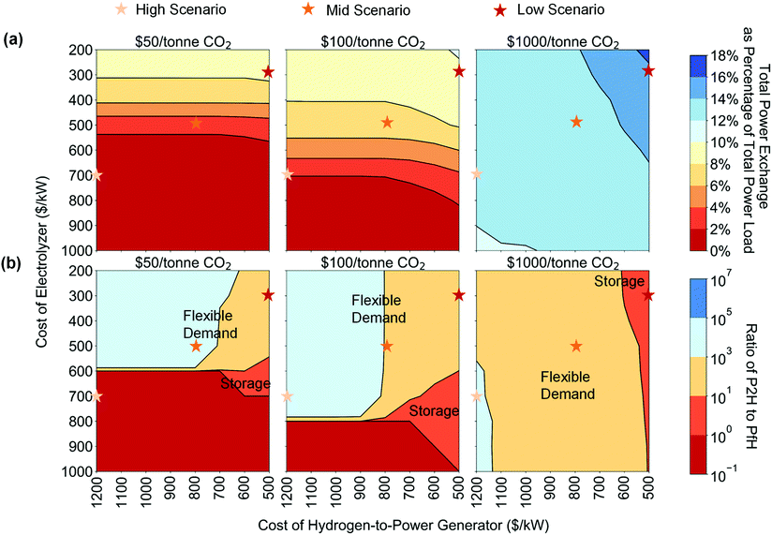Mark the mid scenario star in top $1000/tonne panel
[x=576, y=122]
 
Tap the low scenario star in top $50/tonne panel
[x=268, y=72]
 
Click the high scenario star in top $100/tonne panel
[x=288, y=173]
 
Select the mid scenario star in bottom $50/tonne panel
[x=196, y=346]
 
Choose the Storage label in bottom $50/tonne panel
[x=245, y=383]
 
